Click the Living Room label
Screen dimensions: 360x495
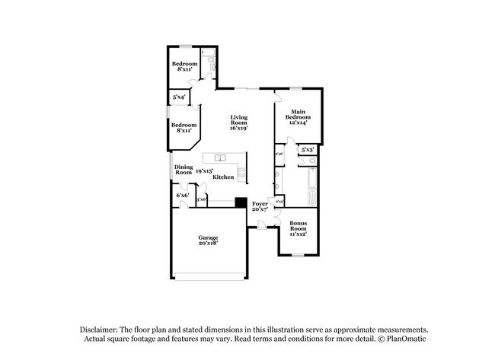[239, 119]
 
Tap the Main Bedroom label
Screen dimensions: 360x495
[297, 114]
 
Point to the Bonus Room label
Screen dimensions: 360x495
[298, 226]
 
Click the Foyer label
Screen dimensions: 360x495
[260, 204]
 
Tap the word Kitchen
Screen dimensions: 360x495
[222, 177]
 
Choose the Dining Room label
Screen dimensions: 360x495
[184, 170]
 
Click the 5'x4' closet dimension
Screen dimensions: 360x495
[179, 97]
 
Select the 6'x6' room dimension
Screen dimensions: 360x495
[182, 196]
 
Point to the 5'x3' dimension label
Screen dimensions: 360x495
[308, 151]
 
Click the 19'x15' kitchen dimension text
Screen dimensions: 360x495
[203, 171]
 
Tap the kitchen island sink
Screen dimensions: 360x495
[219, 158]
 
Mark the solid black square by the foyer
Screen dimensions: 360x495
[240, 202]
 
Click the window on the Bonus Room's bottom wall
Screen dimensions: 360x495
[298, 255]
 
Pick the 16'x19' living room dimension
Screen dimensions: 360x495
[239, 129]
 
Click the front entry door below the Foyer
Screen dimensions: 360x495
[260, 225]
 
